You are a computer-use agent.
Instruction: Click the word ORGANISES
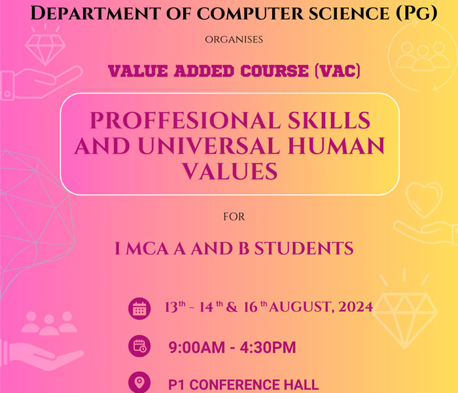(234, 39)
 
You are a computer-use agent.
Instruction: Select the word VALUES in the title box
(230, 171)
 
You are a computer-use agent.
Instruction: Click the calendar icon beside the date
(139, 309)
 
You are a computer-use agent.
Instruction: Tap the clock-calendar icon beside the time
(139, 346)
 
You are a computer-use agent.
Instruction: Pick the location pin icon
(139, 382)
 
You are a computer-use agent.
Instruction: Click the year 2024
(355, 307)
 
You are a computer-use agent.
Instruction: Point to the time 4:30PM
(268, 347)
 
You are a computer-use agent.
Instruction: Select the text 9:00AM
(196, 347)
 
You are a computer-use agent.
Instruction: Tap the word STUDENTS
(304, 248)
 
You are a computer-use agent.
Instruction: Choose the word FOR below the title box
(234, 217)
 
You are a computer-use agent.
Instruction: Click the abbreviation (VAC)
(338, 71)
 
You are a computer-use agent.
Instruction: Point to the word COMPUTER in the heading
(251, 14)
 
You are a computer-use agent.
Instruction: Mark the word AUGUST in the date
(300, 307)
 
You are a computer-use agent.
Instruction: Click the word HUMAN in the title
(336, 145)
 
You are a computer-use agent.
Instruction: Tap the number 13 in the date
(171, 307)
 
